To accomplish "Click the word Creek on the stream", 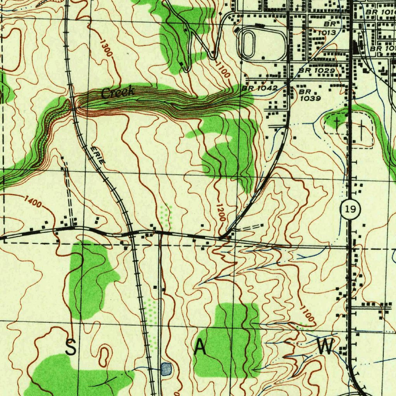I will click(118, 92).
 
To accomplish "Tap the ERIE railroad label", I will click(97, 155).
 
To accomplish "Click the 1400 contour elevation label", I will click(32, 201).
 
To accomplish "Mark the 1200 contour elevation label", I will click(220, 212).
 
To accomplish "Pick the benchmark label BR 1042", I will click(260, 88).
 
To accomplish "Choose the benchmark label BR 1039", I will click(310, 95).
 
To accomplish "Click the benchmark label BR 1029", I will click(317, 71).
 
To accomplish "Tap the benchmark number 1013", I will click(327, 33).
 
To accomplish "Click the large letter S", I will click(70, 347).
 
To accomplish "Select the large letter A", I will click(200, 347).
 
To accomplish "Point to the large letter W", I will click(325, 346).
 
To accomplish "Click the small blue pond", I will click(166, 369).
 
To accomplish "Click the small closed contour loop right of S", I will click(104, 356).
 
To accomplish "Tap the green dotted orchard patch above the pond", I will click(152, 325).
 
